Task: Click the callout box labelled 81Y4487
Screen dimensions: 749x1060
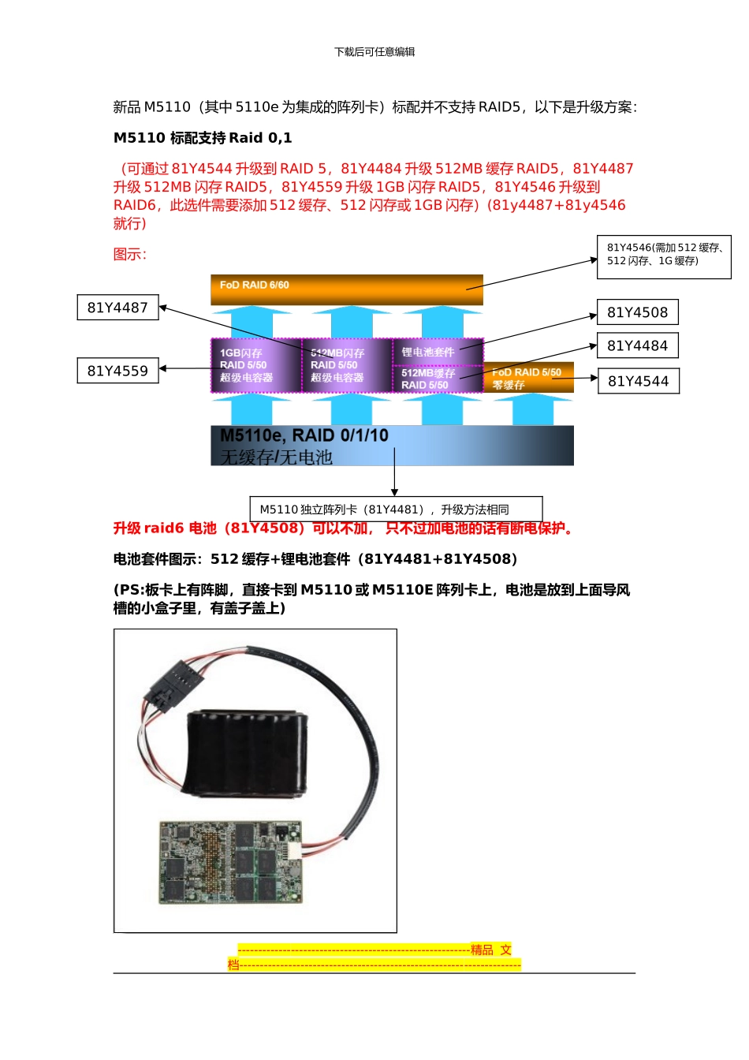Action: point(117,308)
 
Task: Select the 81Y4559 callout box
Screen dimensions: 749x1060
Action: point(117,371)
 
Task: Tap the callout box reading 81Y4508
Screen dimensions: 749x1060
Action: point(637,312)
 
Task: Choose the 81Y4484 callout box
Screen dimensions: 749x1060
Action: point(637,345)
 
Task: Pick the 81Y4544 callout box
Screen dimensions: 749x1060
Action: point(638,381)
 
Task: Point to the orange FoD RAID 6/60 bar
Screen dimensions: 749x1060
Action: point(346,289)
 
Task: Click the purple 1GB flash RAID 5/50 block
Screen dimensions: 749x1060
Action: point(255,365)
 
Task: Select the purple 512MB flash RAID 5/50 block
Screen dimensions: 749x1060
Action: point(346,365)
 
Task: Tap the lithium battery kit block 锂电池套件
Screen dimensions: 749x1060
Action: point(437,352)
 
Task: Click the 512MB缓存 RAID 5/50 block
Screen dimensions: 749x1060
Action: point(437,379)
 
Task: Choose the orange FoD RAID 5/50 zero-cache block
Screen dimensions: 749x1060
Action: point(527,378)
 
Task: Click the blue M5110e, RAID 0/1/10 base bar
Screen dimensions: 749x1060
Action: point(392,446)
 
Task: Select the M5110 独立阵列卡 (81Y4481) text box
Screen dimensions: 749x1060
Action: point(396,509)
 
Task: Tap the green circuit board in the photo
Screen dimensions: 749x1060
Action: point(229,862)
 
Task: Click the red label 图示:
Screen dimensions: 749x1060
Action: point(129,254)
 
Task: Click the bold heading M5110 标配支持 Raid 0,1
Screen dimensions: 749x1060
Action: point(203,138)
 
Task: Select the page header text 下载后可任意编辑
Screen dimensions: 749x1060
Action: point(374,52)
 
